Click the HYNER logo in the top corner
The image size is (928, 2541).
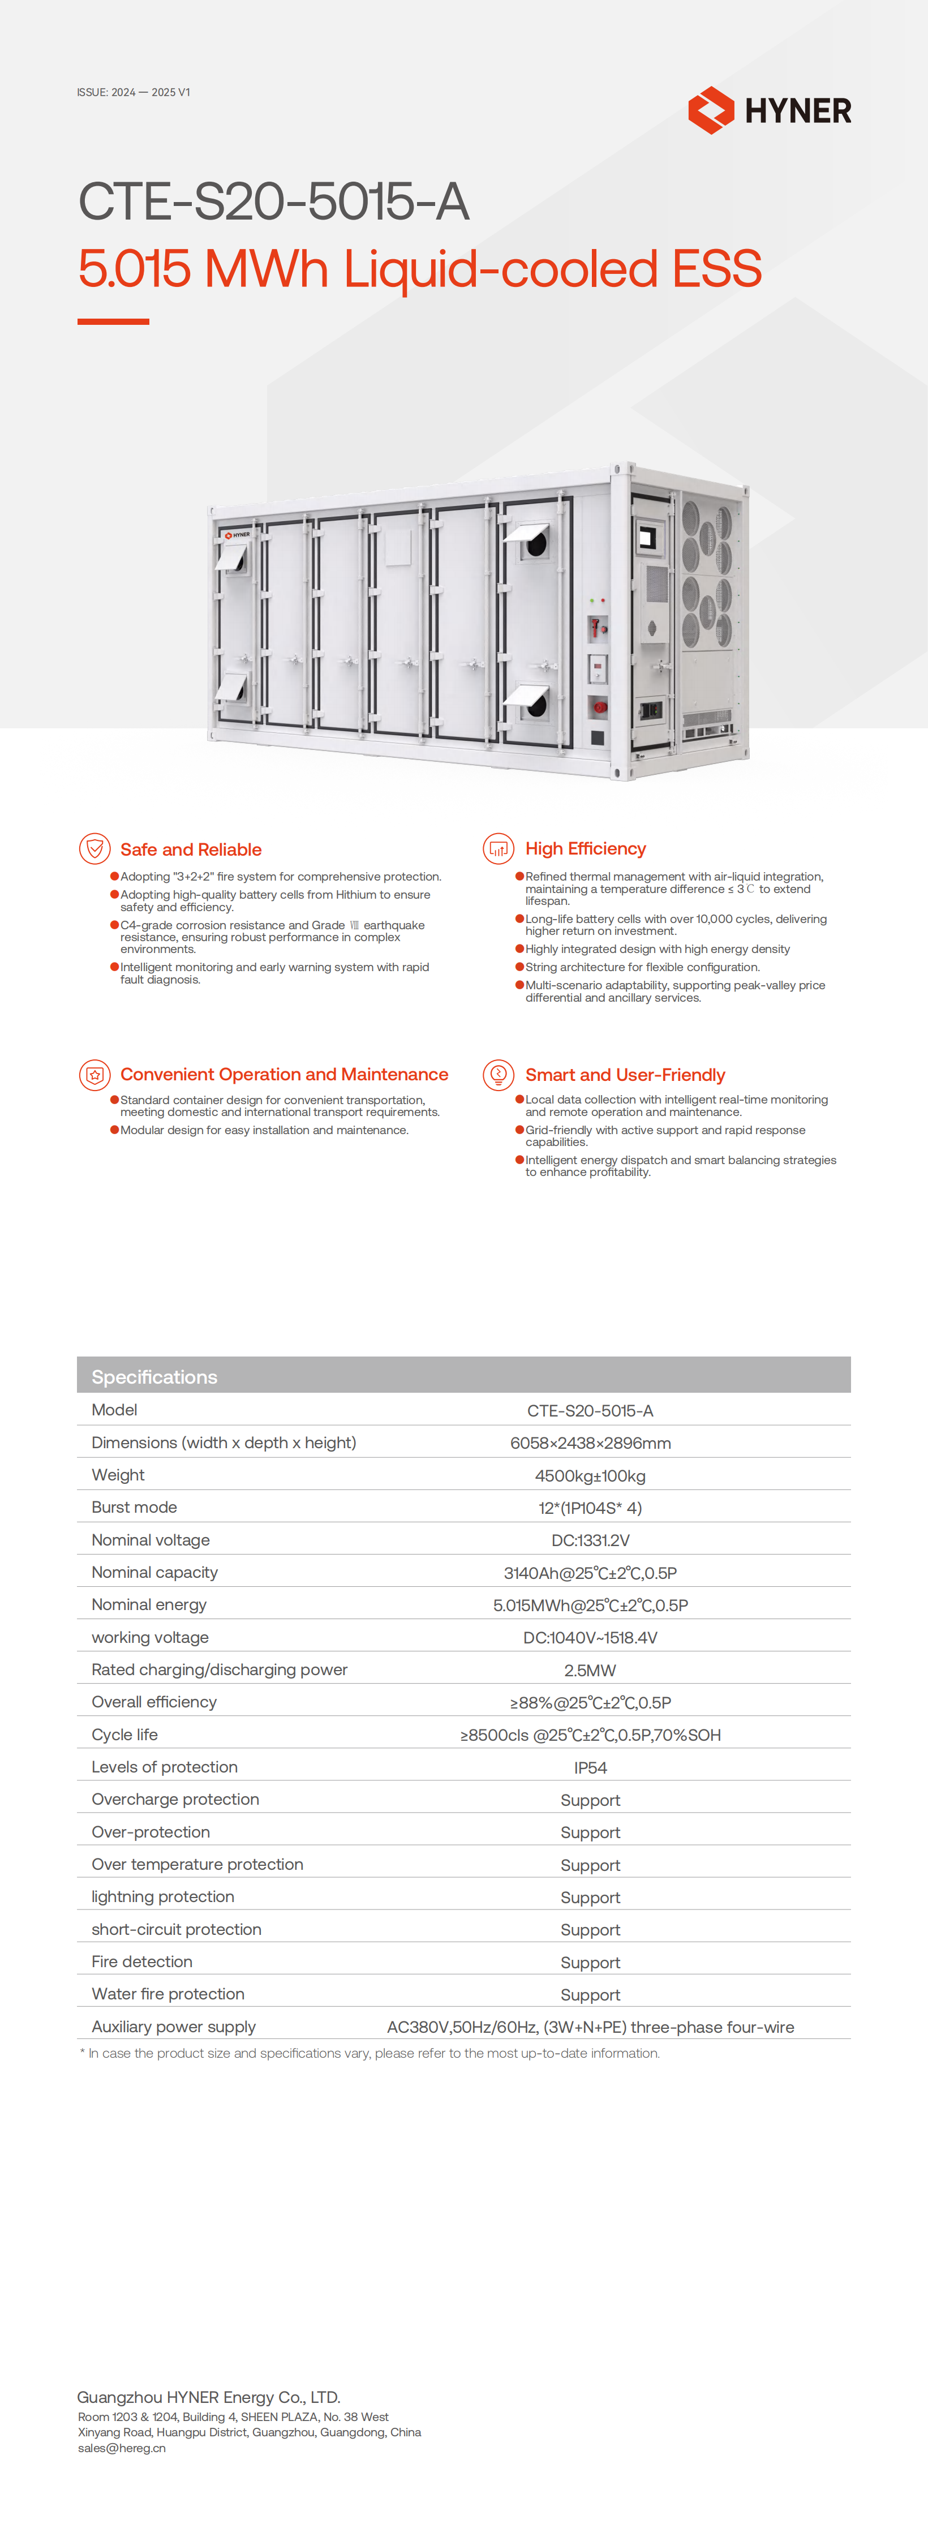point(769,109)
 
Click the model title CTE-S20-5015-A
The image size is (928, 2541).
point(273,201)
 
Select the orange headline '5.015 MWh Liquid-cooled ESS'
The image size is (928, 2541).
point(419,268)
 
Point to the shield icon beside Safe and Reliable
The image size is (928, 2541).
point(94,848)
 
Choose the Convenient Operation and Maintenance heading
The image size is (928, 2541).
point(284,1074)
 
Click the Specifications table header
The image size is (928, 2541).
point(155,1376)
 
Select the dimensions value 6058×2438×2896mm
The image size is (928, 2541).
point(590,1442)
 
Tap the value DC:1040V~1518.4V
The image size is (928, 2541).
point(590,1637)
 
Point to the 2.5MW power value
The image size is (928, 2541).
point(590,1670)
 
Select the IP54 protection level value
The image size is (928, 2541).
point(590,1767)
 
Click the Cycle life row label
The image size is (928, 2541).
point(124,1734)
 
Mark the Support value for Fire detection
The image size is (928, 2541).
point(590,1962)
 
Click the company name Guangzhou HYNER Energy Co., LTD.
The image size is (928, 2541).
point(208,2397)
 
